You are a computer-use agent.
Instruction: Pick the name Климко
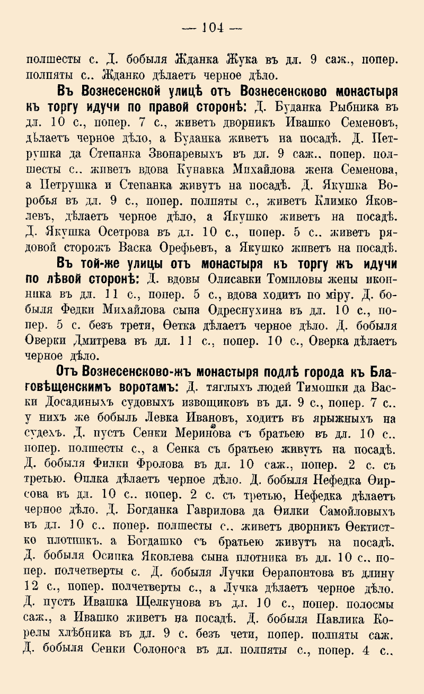point(320,201)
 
